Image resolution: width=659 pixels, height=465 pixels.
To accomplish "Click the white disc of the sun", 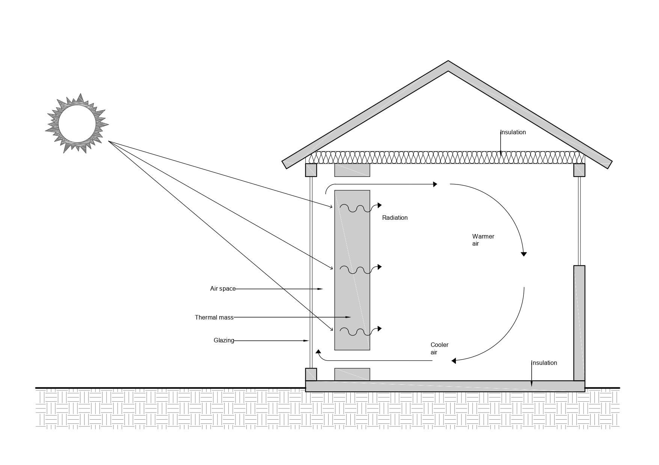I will point(77,124).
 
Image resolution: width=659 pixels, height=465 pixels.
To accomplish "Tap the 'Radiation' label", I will point(395,218).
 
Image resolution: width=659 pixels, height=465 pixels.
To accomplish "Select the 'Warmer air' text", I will point(483,240).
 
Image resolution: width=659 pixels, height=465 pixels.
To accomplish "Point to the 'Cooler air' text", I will point(439,348).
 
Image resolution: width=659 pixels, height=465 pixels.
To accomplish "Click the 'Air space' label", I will point(223,289).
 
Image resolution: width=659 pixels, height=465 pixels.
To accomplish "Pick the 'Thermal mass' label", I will point(214,318).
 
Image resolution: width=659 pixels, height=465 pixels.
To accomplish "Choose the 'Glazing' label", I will point(224,340).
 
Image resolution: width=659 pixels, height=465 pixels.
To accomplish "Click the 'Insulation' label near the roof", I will point(513,132).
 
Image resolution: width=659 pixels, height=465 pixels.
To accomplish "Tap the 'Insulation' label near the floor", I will point(544,363).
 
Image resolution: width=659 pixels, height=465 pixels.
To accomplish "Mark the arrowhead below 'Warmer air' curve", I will point(524,254).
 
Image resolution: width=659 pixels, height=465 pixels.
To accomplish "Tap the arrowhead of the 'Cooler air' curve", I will point(454,361).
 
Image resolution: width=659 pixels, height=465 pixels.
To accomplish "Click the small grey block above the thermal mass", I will point(352,170).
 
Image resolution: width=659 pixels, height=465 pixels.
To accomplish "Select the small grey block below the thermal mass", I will point(352,374).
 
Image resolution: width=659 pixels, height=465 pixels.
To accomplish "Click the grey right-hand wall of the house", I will point(579,322).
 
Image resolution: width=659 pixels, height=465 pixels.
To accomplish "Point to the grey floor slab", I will point(445,386).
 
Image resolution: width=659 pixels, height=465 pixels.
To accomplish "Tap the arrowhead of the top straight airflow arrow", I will point(435,184).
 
